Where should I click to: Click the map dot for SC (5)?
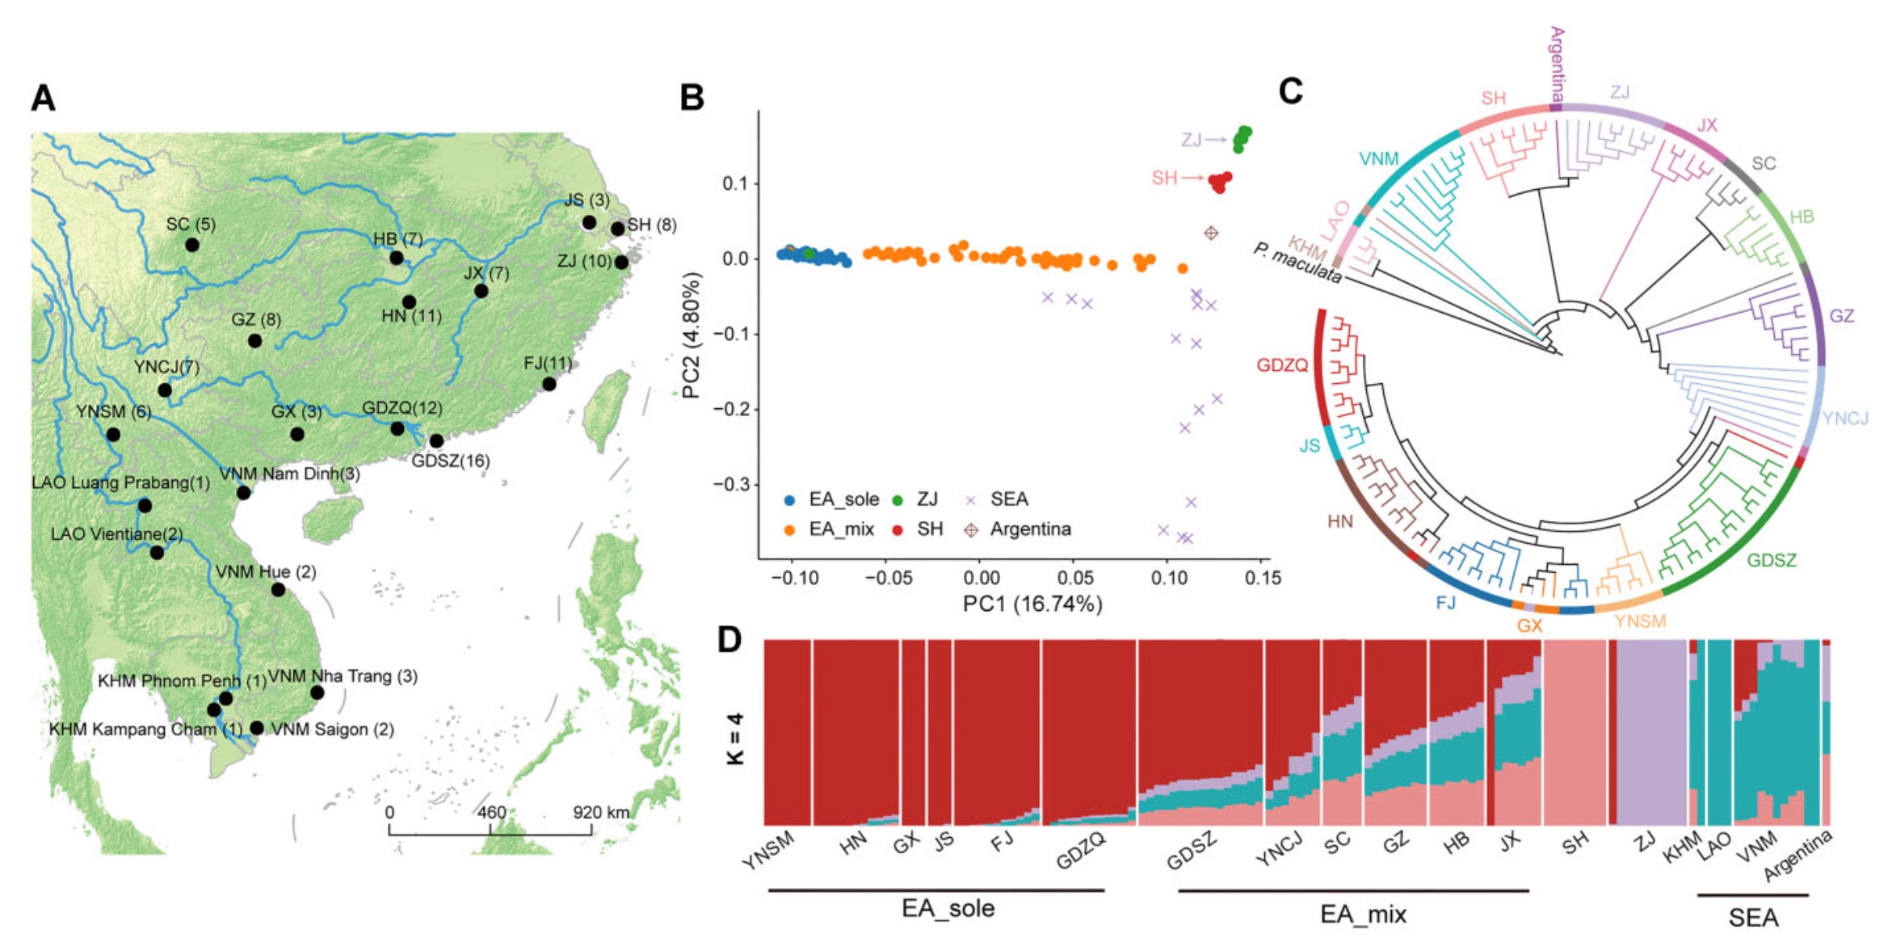pyautogui.click(x=191, y=244)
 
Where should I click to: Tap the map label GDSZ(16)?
pyautogui.click(x=450, y=461)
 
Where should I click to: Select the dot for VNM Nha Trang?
pyautogui.click(x=317, y=693)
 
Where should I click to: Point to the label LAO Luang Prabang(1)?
pyautogui.click(x=120, y=482)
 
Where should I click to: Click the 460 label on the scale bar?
pyautogui.click(x=491, y=812)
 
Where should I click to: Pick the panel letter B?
pyautogui.click(x=692, y=98)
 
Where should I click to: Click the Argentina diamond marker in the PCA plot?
pyautogui.click(x=1210, y=234)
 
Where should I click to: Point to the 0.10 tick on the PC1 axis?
pyautogui.click(x=1168, y=578)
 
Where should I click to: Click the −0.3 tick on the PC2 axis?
pyautogui.click(x=734, y=485)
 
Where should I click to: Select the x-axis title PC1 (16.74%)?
pyautogui.click(x=1032, y=604)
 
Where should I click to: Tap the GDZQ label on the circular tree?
pyautogui.click(x=1281, y=365)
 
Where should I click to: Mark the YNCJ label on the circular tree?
pyautogui.click(x=1846, y=418)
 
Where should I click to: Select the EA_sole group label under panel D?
pyautogui.click(x=948, y=908)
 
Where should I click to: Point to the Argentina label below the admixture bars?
pyautogui.click(x=1797, y=856)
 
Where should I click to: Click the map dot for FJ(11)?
pyautogui.click(x=549, y=384)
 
